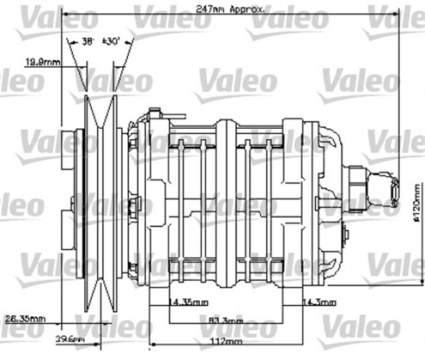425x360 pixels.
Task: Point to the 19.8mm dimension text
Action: (x=42, y=63)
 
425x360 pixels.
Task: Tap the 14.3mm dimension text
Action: (x=317, y=302)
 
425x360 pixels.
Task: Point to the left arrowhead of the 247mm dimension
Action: (x=64, y=9)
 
